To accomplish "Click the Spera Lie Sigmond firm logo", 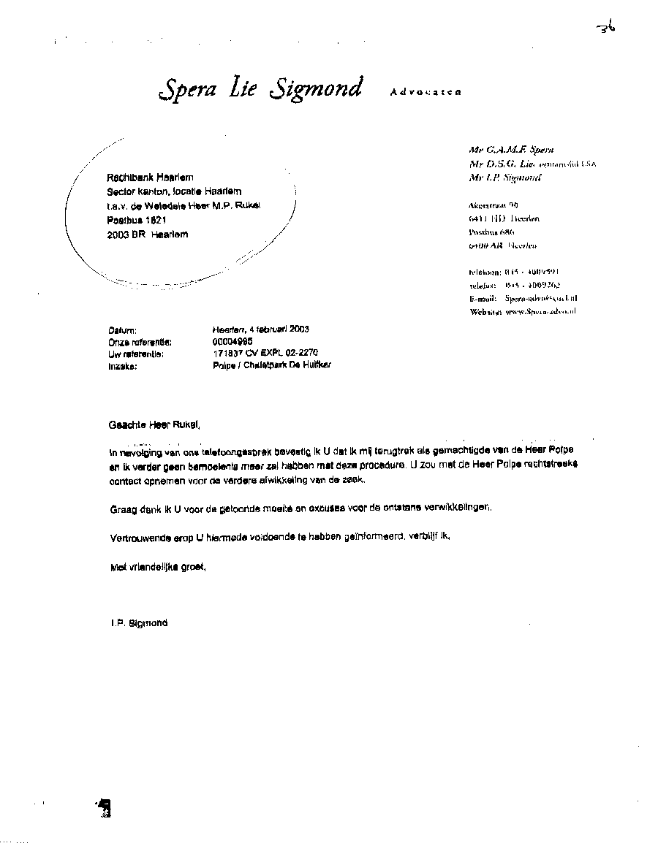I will [260, 89].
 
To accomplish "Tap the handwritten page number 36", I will [606, 28].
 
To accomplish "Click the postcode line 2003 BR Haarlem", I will [147, 235].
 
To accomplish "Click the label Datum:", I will [123, 330].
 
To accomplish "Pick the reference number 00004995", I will [232, 341].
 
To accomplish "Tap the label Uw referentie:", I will [135, 354].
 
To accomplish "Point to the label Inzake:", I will [123, 366].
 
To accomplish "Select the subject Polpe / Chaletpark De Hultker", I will [271, 365].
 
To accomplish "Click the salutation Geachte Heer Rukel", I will [154, 424].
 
